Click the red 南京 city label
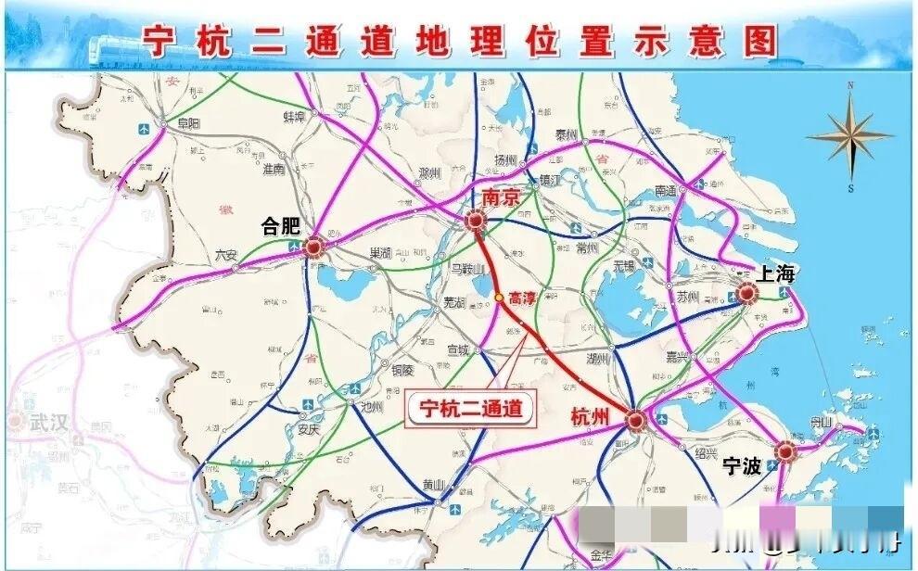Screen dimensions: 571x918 click(502, 197)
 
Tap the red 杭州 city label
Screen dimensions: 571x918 click(591, 417)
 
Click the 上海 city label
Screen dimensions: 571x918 click(775, 273)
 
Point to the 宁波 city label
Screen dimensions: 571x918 click(743, 465)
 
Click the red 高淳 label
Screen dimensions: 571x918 click(524, 298)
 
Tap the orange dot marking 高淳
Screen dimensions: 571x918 click(499, 298)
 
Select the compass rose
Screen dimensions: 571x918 click(850, 137)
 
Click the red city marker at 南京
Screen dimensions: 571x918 click(476, 221)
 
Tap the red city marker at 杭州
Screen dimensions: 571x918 click(636, 420)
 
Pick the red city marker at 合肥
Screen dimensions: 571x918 click(313, 247)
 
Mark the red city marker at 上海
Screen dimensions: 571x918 click(746, 294)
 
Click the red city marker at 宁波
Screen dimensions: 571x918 click(786, 451)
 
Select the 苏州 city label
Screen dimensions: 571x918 click(687, 298)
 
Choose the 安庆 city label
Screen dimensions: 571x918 click(311, 430)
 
